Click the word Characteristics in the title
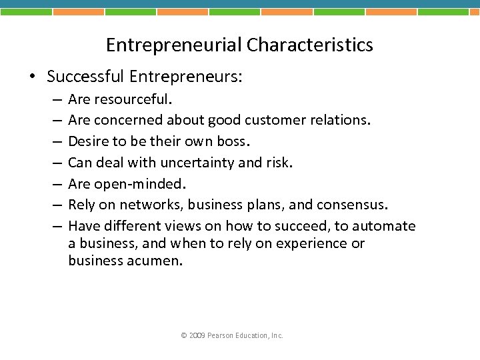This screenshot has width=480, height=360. point(309,45)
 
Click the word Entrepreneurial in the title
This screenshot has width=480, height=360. point(174,45)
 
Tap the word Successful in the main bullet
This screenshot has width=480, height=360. point(85,77)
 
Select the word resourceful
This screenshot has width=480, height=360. point(133,99)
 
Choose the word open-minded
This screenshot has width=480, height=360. point(140,183)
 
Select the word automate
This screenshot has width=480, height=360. point(383,225)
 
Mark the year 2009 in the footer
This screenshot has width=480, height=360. point(197,335)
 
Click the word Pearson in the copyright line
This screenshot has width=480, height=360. point(221,335)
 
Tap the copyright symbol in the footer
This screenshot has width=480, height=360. point(184,335)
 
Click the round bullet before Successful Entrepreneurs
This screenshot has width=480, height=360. point(33,77)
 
